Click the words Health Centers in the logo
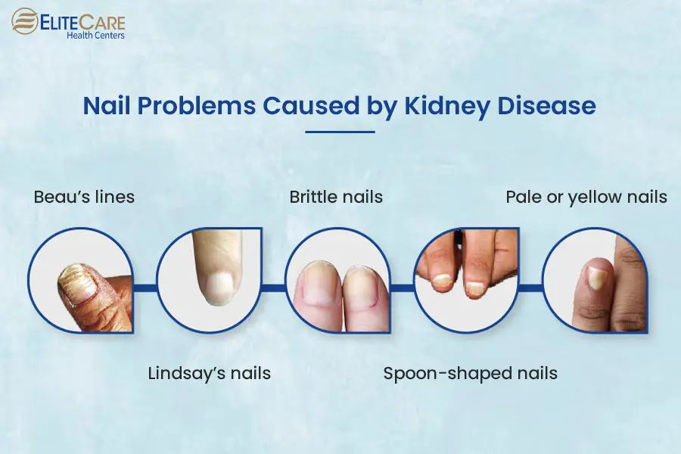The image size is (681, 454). tap(95, 35)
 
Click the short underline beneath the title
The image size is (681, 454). tap(340, 132)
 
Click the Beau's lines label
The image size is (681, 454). tap(84, 197)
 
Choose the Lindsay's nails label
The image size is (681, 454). tap(208, 373)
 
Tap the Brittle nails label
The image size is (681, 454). tap(336, 197)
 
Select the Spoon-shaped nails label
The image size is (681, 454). tap(470, 373)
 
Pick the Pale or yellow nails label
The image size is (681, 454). tap(586, 197)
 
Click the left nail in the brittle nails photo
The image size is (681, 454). tap(318, 288)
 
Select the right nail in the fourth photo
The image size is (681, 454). tap(475, 287)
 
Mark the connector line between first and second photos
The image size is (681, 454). tap(145, 286)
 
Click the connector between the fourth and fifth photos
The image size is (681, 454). tap(531, 286)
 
